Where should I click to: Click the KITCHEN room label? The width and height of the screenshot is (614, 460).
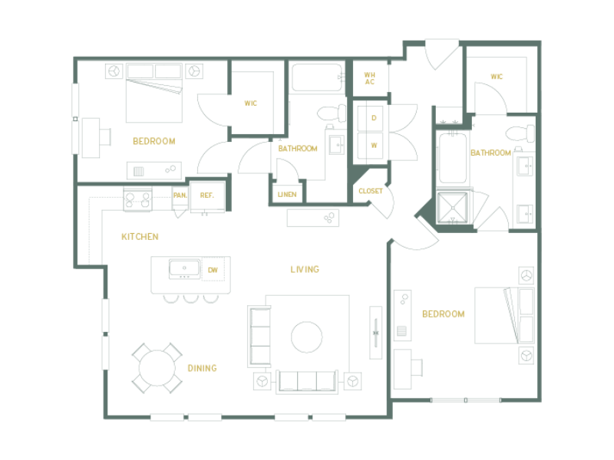[140, 237]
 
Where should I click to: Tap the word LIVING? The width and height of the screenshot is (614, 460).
[305, 269]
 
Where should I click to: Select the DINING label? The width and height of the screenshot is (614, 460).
[202, 368]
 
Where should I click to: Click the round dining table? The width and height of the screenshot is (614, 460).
[157, 368]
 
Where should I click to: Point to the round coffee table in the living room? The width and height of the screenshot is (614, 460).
[306, 337]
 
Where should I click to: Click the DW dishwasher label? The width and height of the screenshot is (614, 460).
[213, 270]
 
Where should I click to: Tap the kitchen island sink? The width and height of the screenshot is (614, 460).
[184, 269]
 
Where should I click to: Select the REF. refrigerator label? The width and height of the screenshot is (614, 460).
[206, 195]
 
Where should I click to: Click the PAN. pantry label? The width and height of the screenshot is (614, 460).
[180, 195]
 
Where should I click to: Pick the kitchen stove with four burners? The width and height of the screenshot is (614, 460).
[138, 199]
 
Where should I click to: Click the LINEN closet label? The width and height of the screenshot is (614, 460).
[287, 195]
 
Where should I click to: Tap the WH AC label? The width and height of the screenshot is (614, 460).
[370, 78]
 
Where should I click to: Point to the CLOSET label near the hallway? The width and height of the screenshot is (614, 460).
[371, 191]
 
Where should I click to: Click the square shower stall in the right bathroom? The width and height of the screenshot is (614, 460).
[453, 208]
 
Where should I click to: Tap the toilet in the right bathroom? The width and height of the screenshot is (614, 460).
[520, 133]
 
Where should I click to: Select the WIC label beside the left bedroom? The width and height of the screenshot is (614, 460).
[251, 103]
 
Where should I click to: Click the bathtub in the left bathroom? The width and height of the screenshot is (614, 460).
[318, 78]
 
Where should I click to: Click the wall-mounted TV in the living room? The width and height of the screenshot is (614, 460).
[376, 333]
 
